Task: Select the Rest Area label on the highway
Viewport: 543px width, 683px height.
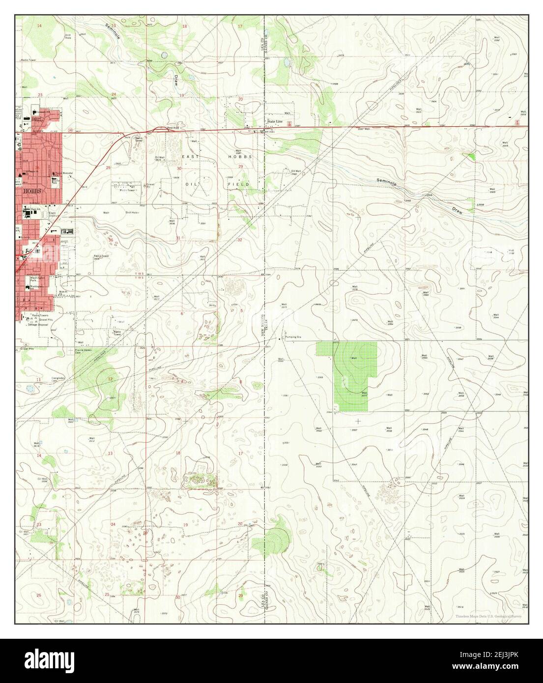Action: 173,128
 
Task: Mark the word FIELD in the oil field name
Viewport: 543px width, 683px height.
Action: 241,184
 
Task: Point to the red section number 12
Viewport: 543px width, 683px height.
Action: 110,379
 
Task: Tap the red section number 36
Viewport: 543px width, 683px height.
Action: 111,240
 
